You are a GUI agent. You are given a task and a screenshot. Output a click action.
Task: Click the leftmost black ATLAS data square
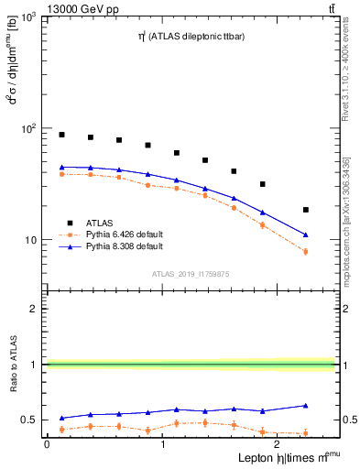click(x=61, y=135)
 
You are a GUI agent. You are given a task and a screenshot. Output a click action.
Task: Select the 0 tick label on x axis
click(x=47, y=443)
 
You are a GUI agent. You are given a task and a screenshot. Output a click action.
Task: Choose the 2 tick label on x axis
click(x=278, y=443)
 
